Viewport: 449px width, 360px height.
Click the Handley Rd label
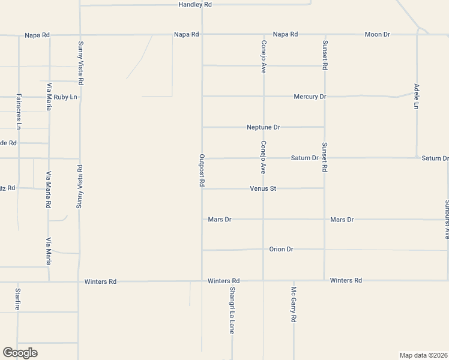(196, 4)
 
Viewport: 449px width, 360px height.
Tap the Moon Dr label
(377, 34)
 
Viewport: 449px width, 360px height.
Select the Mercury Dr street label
(310, 96)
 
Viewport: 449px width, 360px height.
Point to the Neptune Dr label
(264, 127)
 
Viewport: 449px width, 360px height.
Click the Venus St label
(263, 188)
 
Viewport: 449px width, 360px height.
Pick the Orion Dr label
(281, 249)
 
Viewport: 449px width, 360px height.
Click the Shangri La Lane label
(232, 310)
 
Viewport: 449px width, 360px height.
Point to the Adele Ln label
(417, 97)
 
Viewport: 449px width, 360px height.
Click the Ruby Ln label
(65, 97)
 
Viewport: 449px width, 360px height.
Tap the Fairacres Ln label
(19, 111)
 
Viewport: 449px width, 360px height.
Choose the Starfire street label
(17, 299)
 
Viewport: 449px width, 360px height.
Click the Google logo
(20, 353)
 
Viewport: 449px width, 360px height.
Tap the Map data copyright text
(423, 355)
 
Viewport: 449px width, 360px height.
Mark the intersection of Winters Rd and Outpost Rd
(202, 280)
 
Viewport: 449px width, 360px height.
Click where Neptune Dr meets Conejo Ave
(263, 127)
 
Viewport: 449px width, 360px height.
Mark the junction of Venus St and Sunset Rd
(324, 188)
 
